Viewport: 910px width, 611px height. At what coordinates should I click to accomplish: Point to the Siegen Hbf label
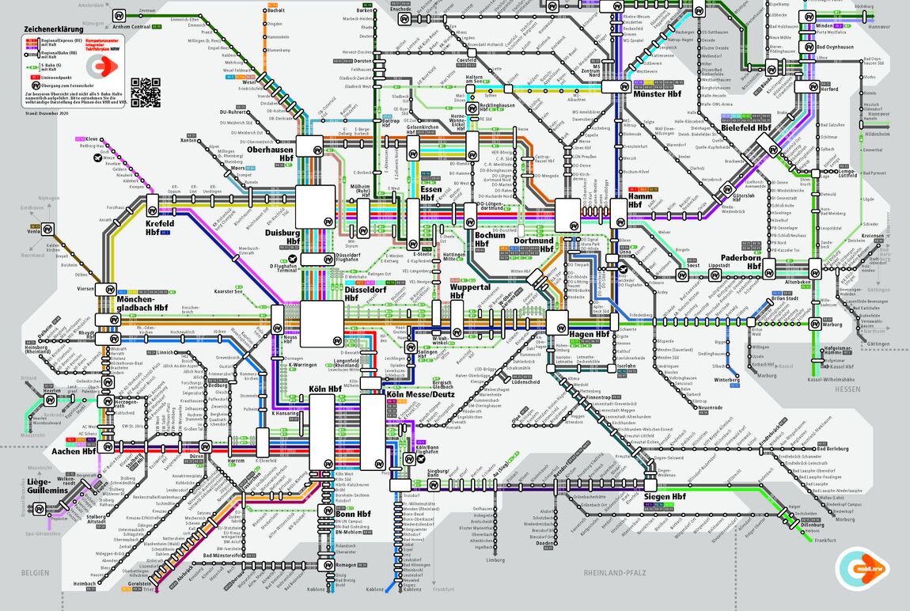(x=665, y=497)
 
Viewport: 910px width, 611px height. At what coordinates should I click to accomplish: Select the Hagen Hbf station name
(x=590, y=335)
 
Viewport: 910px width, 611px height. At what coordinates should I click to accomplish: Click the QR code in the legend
(x=146, y=93)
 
